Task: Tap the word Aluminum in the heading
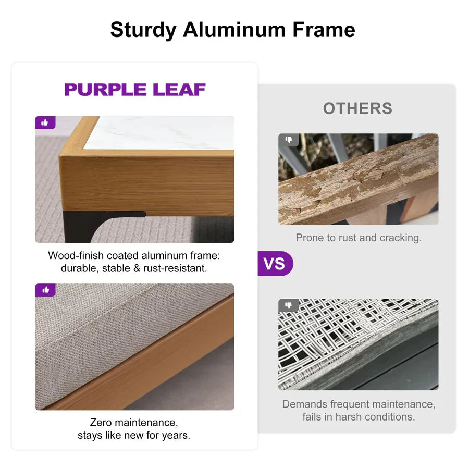[234, 30]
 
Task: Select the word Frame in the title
[324, 30]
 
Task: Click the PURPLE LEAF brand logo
[135, 90]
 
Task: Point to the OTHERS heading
[357, 108]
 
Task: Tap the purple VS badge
[275, 264]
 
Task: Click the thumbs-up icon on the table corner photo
[45, 122]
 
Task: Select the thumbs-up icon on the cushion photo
[45, 290]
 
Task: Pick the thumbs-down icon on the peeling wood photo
[289, 139]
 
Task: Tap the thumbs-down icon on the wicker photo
[289, 305]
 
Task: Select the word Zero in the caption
[101, 422]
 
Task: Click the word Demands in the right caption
[305, 404]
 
